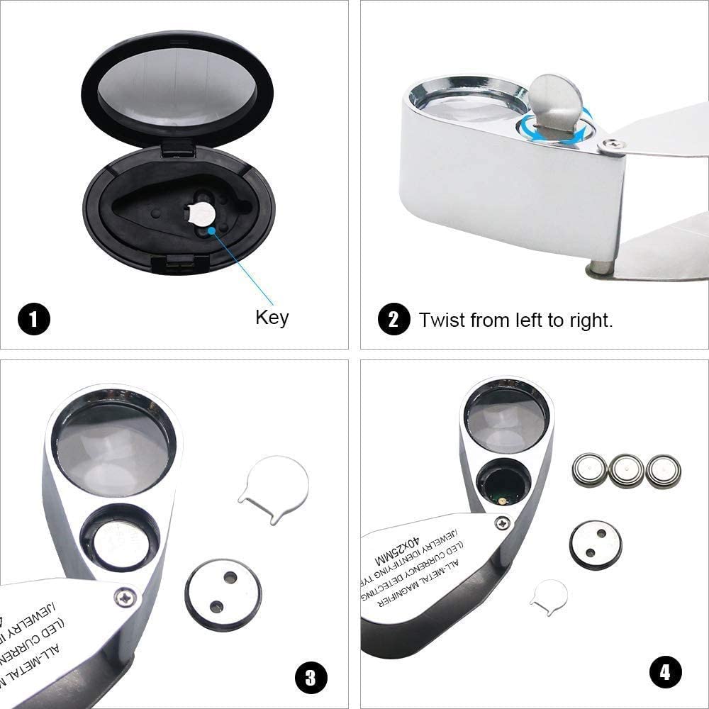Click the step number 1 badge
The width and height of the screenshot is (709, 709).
coord(34,319)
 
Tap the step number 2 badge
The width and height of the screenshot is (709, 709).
coord(394,319)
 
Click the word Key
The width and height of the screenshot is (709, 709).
coord(272,317)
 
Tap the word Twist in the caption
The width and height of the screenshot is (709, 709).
coord(444,320)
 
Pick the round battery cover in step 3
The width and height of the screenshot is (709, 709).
coord(222,591)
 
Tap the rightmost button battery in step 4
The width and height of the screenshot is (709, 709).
coord(663,471)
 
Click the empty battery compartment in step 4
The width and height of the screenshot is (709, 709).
coord(505,485)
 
